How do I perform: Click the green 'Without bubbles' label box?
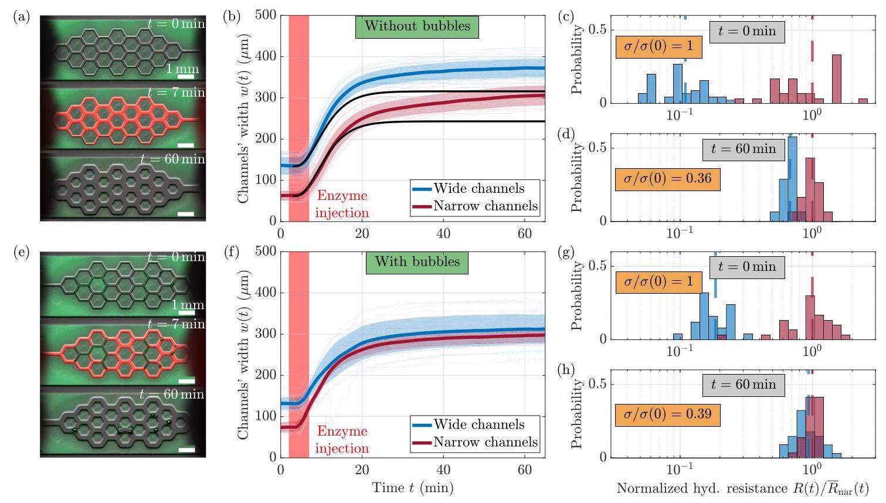click(417, 27)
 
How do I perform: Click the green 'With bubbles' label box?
click(417, 263)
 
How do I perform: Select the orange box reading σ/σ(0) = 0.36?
click(668, 179)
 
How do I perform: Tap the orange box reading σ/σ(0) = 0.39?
click(668, 415)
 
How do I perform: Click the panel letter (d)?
click(566, 135)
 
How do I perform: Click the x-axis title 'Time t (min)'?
click(413, 488)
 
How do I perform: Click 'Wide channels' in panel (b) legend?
click(479, 188)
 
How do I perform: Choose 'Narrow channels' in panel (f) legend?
click(486, 441)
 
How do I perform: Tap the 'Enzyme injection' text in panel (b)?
click(342, 204)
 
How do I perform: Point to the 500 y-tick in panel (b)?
click(266, 15)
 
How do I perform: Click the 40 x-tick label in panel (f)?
click(443, 470)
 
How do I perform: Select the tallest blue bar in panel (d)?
click(792, 179)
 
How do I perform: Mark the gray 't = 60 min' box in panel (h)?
click(744, 385)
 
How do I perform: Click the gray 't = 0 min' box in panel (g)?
click(747, 267)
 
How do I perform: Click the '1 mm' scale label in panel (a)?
click(182, 69)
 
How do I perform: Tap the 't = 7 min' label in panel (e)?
click(176, 324)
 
